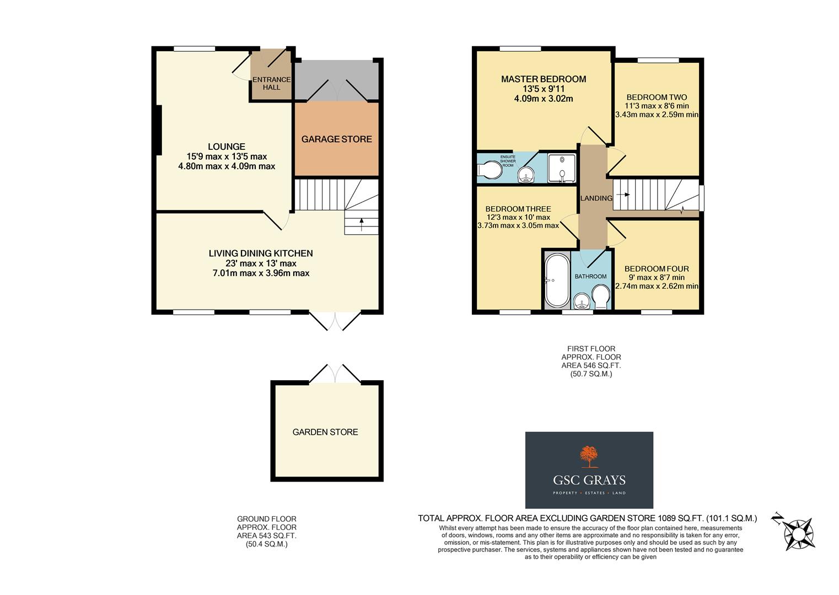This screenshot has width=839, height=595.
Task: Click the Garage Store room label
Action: [x=336, y=139]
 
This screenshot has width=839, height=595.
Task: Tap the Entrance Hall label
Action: [x=271, y=83]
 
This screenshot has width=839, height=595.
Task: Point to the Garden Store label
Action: [x=325, y=432]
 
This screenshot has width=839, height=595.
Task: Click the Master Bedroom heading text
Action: [x=543, y=79]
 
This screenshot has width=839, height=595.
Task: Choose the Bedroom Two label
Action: [x=657, y=98]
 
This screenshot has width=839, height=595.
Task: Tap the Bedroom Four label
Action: [x=657, y=269]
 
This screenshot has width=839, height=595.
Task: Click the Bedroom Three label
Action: [x=518, y=209]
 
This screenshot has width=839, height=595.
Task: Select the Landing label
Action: [x=596, y=198]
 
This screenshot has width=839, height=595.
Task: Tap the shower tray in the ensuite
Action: [x=562, y=167]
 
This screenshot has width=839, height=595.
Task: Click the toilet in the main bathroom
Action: [x=601, y=296]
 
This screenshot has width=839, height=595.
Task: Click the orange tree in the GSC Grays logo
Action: [x=589, y=456]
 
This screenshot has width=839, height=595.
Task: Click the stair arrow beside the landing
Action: [x=623, y=194]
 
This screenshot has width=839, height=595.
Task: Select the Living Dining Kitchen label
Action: [x=260, y=253]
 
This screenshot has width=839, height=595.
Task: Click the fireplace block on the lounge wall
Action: [x=158, y=130]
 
